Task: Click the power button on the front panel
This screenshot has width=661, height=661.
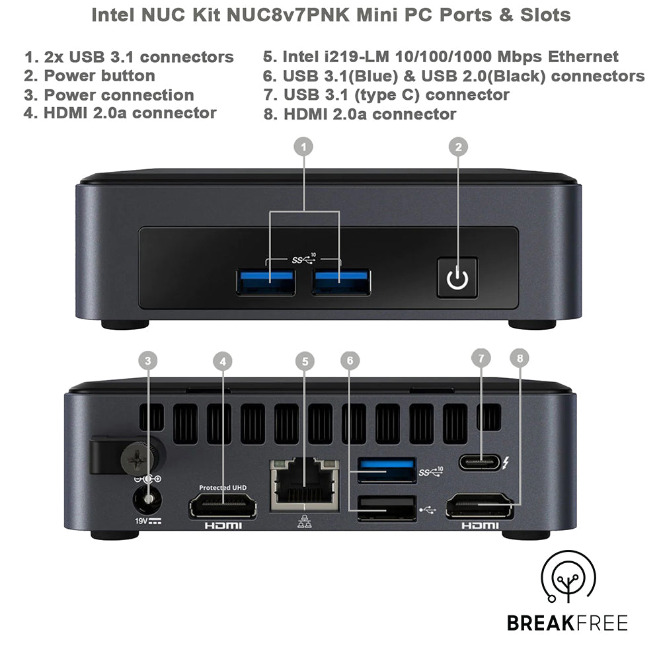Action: [457, 278]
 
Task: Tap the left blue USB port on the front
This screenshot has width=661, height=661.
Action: [266, 282]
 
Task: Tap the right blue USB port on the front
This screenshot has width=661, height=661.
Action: [342, 282]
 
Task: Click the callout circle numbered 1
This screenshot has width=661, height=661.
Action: [303, 147]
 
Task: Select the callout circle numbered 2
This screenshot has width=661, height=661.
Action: [457, 147]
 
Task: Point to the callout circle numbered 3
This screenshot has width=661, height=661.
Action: [148, 360]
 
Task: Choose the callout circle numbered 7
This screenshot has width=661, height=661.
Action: [481, 358]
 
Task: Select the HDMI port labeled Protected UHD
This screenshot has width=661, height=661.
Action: [223, 506]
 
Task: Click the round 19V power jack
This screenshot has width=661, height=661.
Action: [149, 500]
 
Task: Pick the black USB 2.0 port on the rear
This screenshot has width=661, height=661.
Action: [387, 508]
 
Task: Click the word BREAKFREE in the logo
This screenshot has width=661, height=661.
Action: [567, 622]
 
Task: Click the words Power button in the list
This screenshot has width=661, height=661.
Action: [99, 75]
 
